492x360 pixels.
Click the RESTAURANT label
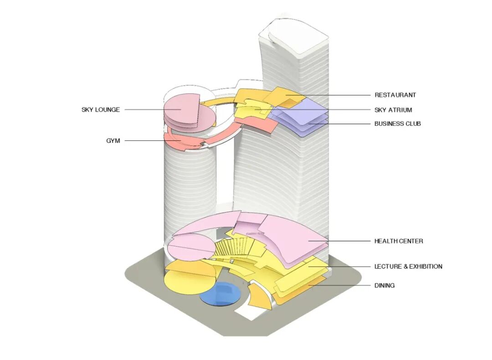coord(395,95)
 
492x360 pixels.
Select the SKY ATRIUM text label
coord(393,110)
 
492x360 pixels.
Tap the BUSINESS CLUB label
coord(398,123)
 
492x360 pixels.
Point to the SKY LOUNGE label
coord(101,110)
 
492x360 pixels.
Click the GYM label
coord(113,141)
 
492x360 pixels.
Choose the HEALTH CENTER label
coord(399,241)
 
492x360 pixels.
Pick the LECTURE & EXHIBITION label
coord(408,267)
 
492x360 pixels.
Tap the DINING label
coord(384,286)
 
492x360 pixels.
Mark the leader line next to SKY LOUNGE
coord(146,110)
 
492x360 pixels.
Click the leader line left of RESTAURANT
coord(333,95)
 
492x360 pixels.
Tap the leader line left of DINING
coord(342,286)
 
